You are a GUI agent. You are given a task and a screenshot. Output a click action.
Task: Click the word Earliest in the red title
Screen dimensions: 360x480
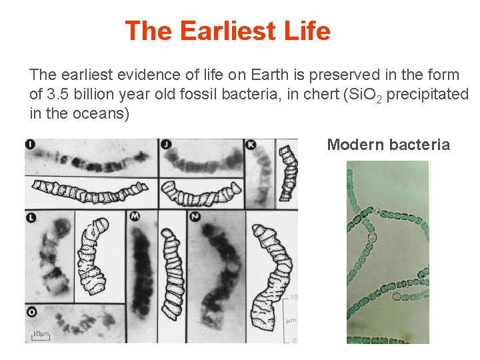point(227,31)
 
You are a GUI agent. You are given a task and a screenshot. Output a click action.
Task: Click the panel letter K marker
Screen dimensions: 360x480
point(251,145)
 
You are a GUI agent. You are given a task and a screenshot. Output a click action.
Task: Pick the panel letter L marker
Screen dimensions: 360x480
point(31,217)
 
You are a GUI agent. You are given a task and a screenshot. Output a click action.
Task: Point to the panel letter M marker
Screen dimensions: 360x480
point(134,217)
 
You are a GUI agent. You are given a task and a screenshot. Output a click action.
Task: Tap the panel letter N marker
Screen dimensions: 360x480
point(195,217)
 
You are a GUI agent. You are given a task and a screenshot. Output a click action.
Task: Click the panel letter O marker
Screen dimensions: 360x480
point(31,311)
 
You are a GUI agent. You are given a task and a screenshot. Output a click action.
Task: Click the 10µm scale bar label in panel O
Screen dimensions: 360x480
point(41,333)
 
